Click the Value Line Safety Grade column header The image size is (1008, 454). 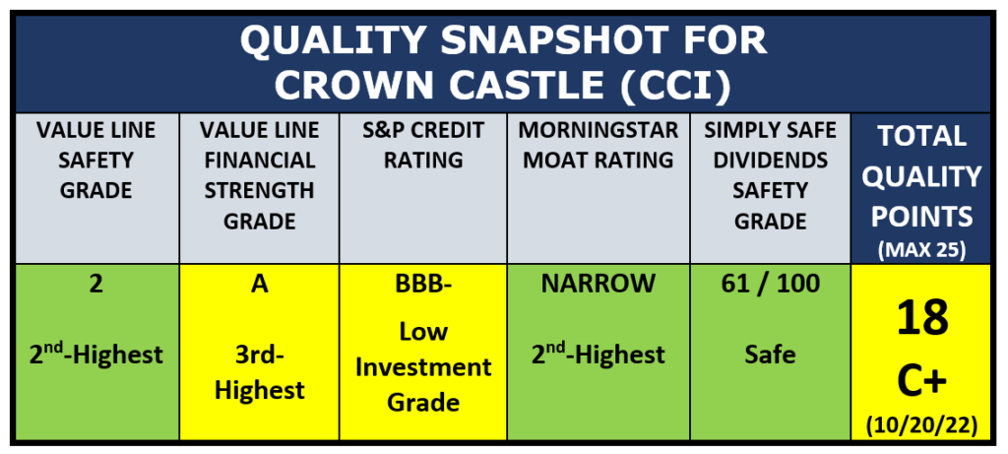coord(95,161)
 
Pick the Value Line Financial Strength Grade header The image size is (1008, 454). coord(260,175)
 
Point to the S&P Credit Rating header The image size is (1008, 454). coord(423,146)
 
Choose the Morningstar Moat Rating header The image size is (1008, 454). coord(598,146)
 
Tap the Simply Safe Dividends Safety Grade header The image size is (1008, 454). coord(770,175)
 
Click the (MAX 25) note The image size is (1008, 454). coord(921,250)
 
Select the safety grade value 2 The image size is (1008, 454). coord(95,285)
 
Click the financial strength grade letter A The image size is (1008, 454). coord(260,285)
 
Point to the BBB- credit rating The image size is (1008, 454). coord(423,285)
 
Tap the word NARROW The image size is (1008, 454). coord(598,285)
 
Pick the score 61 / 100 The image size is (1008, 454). coord(770,285)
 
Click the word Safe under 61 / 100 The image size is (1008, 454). coord(770,355)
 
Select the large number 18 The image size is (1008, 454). coord(921,319)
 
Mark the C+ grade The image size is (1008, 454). coord(921,383)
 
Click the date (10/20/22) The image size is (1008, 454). coord(921,425)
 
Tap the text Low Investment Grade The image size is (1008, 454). coord(423,367)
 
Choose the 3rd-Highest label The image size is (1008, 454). coord(260,373)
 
